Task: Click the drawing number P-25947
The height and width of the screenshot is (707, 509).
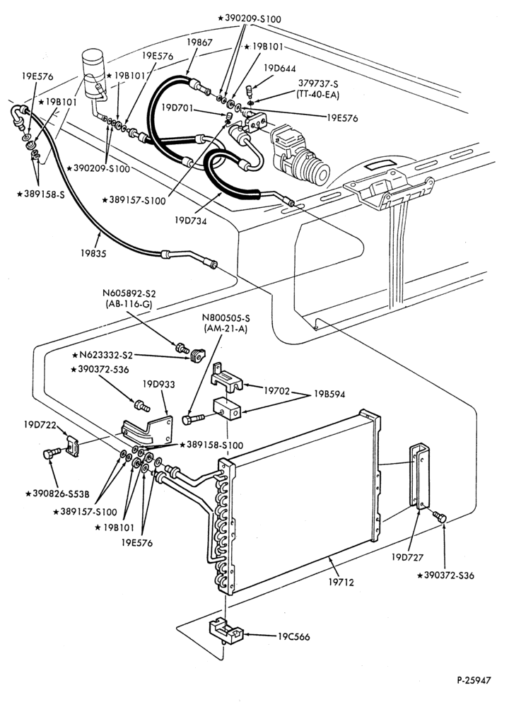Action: click(473, 680)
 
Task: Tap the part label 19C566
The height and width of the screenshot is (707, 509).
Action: click(293, 637)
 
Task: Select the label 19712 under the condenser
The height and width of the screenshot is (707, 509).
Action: click(341, 582)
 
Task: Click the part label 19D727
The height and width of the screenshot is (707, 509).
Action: click(407, 557)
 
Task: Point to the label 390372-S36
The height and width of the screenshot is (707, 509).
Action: click(446, 575)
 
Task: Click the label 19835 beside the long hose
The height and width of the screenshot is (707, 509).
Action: click(93, 253)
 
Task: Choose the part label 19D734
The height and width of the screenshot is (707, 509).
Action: click(191, 221)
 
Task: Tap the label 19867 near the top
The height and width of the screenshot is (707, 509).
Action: click(199, 42)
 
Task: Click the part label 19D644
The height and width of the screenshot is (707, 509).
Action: click(279, 69)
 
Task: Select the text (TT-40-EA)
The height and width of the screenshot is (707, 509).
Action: click(318, 95)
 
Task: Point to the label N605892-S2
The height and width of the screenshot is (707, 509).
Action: click(129, 293)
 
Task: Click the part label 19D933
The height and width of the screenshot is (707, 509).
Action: click(158, 385)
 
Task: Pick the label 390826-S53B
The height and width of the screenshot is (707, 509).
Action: click(57, 493)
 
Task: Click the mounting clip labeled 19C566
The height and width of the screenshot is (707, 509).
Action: click(226, 631)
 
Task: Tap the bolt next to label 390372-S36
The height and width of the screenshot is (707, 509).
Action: click(439, 517)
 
